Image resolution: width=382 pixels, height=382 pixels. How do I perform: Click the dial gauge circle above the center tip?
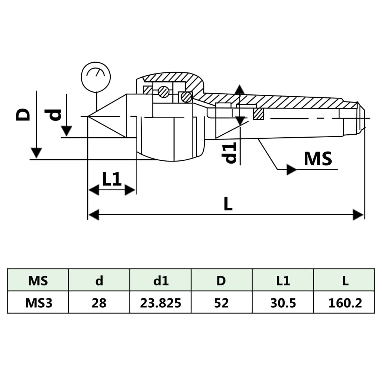pyautogui.click(x=96, y=77)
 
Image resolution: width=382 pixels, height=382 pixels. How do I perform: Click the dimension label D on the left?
pyautogui.click(x=23, y=115)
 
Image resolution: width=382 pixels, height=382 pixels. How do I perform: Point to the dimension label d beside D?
pyautogui.click(x=54, y=115)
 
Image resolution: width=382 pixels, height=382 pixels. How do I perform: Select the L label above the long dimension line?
pyautogui.click(x=228, y=204)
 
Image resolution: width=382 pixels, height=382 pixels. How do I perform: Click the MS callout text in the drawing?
pyautogui.click(x=318, y=159)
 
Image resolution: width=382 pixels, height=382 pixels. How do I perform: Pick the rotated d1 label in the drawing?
pyautogui.click(x=230, y=153)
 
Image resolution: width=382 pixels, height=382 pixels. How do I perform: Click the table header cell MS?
pyautogui.click(x=38, y=281)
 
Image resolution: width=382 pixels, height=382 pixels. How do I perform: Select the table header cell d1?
pyautogui.click(x=161, y=281)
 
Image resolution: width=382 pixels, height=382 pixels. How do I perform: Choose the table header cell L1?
pyautogui.click(x=283, y=281)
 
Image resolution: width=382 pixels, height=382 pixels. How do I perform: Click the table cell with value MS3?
pyautogui.click(x=38, y=303)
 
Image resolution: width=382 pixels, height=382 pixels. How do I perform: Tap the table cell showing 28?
pyautogui.click(x=99, y=303)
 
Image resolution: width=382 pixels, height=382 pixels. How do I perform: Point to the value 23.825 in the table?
pyautogui.click(x=161, y=303)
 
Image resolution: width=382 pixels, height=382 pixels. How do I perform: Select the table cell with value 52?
pyautogui.click(x=222, y=303)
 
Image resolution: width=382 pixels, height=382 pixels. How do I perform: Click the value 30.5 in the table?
pyautogui.click(x=283, y=303)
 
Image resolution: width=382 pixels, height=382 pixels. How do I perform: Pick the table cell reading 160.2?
pyautogui.click(x=345, y=303)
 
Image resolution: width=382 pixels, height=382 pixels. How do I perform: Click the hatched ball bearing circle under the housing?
pyautogui.click(x=163, y=92)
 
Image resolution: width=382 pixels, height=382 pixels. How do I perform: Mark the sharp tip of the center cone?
pyautogui.click(x=88, y=117)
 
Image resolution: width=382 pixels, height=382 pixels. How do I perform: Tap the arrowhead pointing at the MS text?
pyautogui.click(x=291, y=170)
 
